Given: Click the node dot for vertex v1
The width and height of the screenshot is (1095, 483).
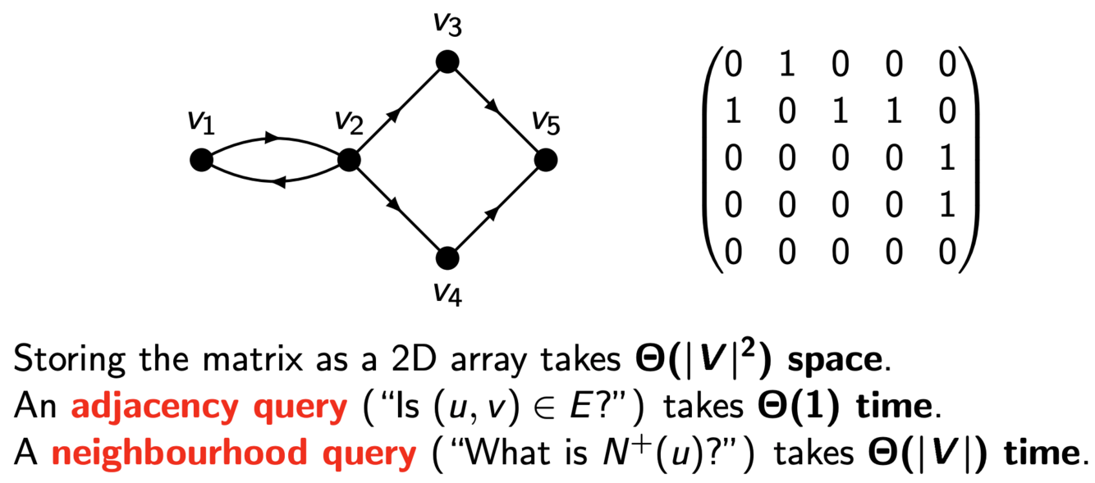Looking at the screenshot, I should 200,160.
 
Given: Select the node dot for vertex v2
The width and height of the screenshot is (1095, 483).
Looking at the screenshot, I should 349,160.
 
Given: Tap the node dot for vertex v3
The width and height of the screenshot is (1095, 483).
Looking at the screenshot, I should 447,62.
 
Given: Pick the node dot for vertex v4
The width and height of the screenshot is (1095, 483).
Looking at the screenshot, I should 447,258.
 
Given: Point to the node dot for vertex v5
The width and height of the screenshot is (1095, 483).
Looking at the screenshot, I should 546,160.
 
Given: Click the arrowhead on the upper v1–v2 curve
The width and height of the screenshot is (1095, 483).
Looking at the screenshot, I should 274,138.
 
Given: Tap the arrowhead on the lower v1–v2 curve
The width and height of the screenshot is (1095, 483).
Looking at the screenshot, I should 276,182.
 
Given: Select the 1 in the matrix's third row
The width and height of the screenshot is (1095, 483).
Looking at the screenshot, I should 946,158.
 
